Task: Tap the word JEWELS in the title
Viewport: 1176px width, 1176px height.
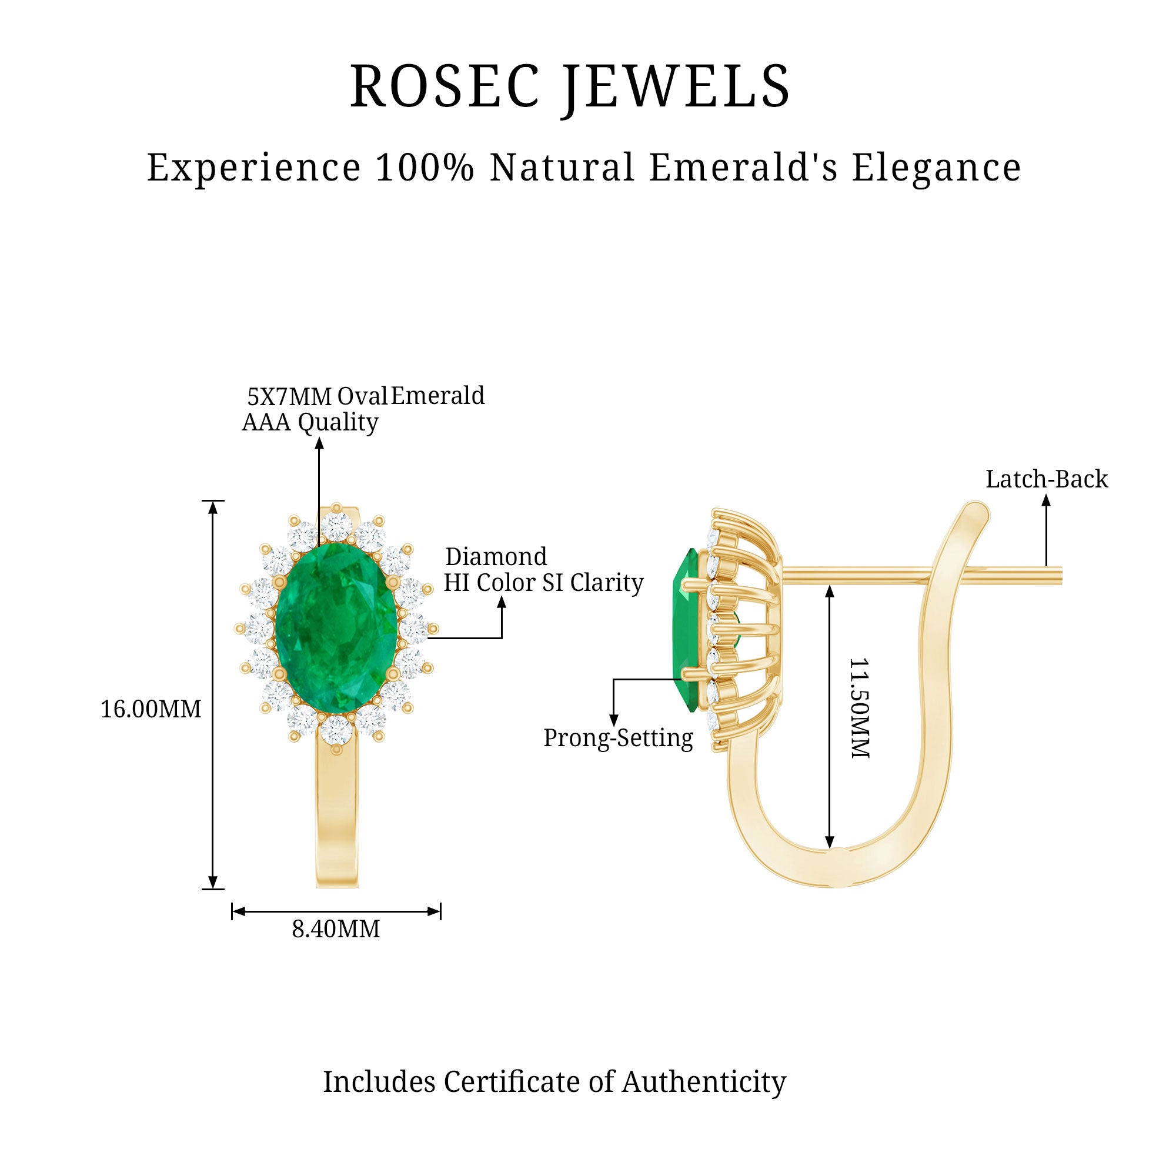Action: [676, 86]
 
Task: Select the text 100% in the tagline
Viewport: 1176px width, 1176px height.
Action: [425, 168]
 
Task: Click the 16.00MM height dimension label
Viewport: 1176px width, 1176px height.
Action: [151, 710]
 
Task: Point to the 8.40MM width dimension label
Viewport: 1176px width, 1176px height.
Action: [335, 930]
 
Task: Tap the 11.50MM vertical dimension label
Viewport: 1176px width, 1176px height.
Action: [859, 708]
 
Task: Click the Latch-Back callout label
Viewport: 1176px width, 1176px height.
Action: [1047, 480]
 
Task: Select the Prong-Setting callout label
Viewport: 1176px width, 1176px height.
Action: [618, 739]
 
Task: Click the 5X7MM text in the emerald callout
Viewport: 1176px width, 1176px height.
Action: [289, 397]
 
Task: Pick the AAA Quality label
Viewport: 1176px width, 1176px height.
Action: [310, 422]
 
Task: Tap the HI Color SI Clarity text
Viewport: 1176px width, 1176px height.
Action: [543, 583]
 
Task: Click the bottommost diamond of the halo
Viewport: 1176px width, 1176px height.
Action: [336, 730]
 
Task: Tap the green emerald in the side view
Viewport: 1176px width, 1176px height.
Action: [686, 629]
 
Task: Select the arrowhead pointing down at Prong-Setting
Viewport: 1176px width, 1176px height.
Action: [613, 721]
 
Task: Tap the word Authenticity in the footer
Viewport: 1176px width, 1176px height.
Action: [704, 1082]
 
